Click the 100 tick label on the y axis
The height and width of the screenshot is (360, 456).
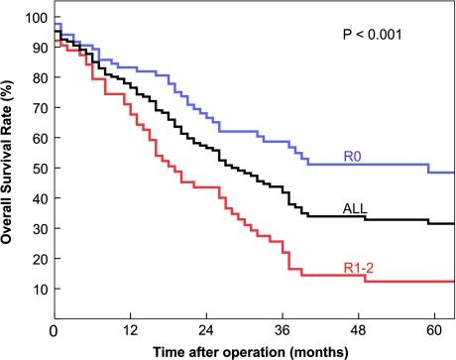coord(37,18)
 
